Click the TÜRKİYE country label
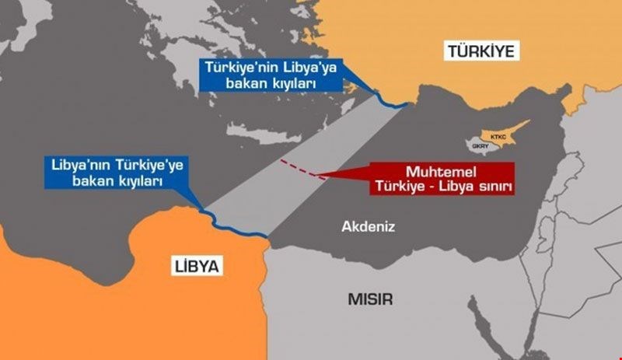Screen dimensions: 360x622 coord(481,52)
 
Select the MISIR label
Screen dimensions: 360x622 coord(370,299)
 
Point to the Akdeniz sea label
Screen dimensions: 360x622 coord(369,227)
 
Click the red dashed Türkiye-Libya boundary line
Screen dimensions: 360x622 coord(299,168)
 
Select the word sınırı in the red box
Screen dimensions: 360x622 coord(500,187)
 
